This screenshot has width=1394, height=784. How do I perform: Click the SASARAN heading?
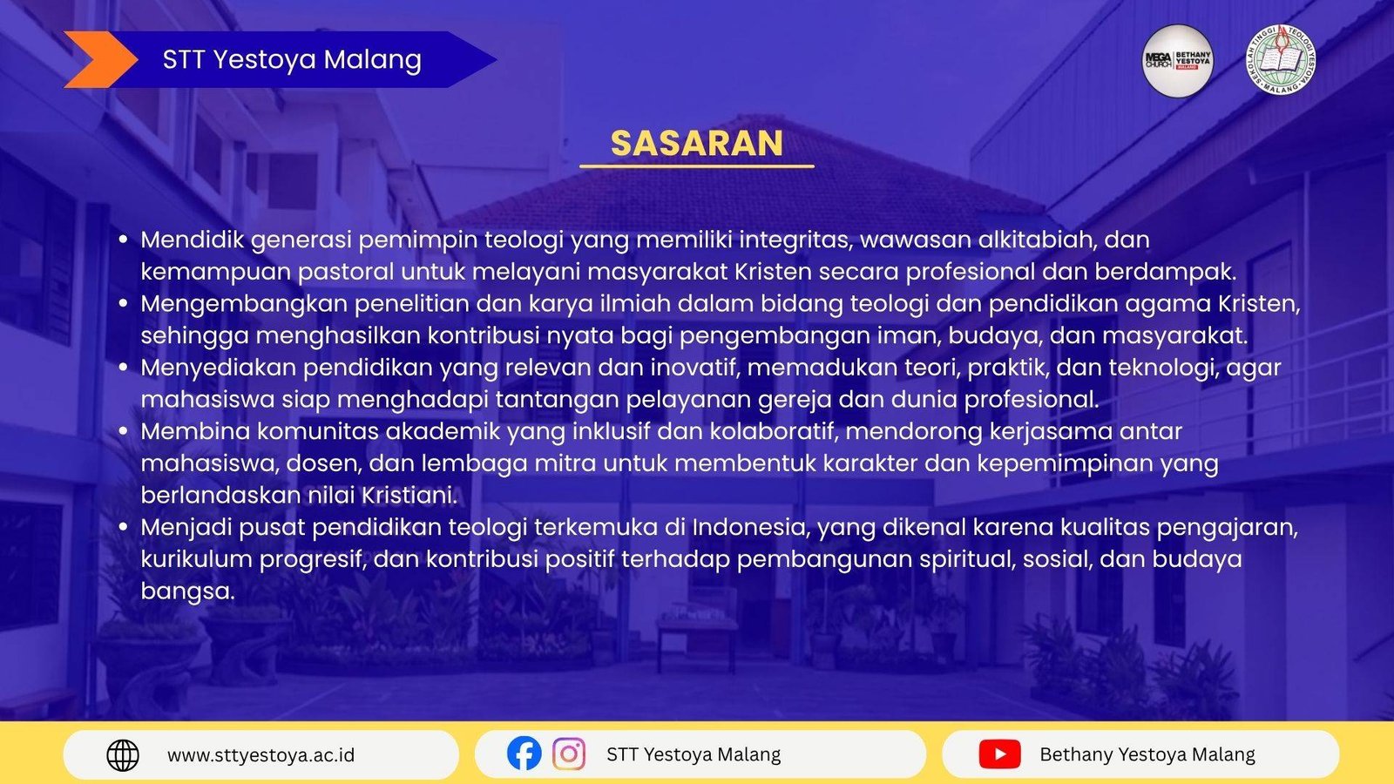point(696,143)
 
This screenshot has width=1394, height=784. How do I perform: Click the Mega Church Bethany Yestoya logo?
point(1177,61)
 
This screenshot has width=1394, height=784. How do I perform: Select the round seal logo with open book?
point(1281,60)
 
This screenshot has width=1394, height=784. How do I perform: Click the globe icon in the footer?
point(123,755)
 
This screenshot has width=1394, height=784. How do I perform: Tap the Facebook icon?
point(524,754)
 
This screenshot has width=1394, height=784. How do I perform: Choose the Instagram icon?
point(569,754)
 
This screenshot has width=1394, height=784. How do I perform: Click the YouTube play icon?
point(999,754)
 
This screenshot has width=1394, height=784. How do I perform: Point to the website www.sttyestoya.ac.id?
point(261,755)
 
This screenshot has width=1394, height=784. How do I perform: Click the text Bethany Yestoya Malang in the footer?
point(1147,754)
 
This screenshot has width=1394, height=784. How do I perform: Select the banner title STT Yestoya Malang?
point(292,60)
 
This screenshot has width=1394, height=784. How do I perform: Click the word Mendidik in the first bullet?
point(192,239)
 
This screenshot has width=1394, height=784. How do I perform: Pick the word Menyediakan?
point(218,368)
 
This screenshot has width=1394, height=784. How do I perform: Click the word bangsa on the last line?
point(187,591)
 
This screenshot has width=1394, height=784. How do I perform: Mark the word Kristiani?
point(409,496)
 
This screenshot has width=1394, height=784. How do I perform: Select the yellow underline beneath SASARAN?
point(696,166)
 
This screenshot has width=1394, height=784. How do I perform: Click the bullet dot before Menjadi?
point(123,528)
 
